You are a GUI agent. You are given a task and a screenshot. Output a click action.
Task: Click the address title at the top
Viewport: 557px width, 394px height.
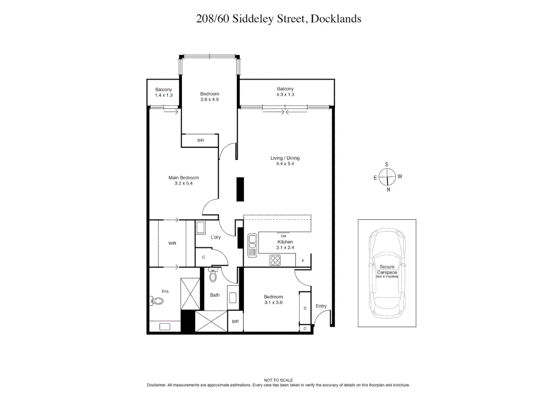[278, 19]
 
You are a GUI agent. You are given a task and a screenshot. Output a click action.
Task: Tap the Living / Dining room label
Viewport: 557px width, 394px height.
[285, 161]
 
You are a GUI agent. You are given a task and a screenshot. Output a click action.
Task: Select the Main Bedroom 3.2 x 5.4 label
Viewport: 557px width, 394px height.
[183, 181]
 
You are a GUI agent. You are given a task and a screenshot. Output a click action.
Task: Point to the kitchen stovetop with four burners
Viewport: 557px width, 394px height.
[275, 260]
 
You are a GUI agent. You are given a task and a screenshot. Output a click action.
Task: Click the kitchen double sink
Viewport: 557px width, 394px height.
[252, 246]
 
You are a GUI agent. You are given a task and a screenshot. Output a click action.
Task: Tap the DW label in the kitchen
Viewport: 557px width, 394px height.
[283, 236]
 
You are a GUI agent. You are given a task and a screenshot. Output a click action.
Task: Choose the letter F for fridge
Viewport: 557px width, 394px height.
[303, 261]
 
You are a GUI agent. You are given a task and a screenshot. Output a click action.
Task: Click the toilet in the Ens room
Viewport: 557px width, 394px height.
[157, 301]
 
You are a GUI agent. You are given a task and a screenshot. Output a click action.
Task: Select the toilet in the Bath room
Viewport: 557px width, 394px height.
[213, 275]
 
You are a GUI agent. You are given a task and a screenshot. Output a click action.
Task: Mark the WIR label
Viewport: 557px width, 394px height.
[172, 243]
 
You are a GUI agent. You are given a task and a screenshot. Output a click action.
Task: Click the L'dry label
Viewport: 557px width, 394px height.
[216, 237]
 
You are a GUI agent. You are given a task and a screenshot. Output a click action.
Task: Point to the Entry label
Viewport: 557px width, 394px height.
[321, 306]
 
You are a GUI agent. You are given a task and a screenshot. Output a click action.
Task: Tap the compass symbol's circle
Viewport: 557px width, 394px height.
[387, 177]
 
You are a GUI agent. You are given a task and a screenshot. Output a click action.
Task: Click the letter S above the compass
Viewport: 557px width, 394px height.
[387, 165]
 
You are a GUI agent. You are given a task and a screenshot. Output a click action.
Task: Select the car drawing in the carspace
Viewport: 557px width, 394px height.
[387, 273]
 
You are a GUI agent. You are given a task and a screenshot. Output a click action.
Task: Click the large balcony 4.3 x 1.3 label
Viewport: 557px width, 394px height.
[285, 92]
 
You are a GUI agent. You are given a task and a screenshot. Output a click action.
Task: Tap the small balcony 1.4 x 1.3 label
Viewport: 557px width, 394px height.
[163, 92]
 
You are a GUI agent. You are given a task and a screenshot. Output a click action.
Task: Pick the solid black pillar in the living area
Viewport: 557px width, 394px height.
[240, 189]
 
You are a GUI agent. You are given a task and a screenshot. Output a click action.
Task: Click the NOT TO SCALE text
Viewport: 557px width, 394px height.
[278, 380]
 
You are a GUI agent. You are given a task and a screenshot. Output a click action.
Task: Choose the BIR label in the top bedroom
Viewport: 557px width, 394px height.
[201, 140]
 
